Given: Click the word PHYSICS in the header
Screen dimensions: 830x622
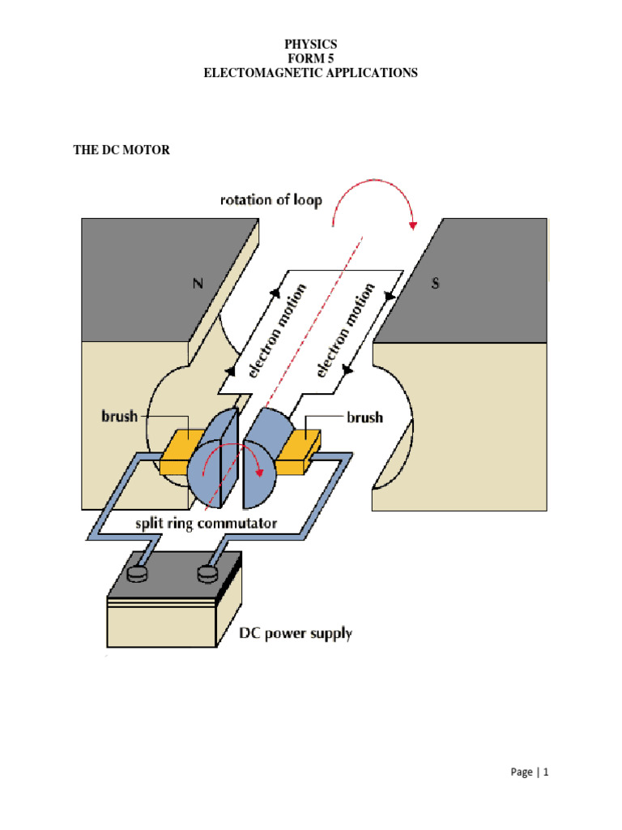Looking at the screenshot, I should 310,44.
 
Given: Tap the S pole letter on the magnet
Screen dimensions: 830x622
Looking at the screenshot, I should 435,285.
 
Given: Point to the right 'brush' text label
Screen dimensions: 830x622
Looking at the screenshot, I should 364,418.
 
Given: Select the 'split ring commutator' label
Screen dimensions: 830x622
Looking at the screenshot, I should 207,523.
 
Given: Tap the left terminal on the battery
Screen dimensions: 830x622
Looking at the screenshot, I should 139,573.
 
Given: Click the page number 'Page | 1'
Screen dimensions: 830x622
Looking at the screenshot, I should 530,772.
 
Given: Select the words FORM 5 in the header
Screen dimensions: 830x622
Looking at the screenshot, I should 310,58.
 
